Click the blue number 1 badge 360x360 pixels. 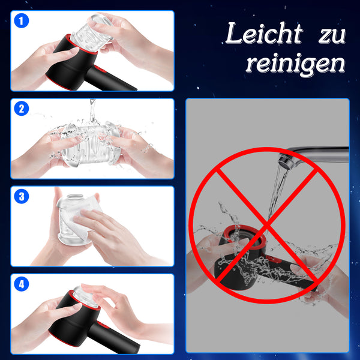pos(22,22)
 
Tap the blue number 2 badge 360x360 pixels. pos(22,109)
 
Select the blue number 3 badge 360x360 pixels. pos(22,196)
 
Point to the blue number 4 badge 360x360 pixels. pos(22,284)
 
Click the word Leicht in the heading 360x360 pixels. pos(262,34)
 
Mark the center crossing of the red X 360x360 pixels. pos(268,226)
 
